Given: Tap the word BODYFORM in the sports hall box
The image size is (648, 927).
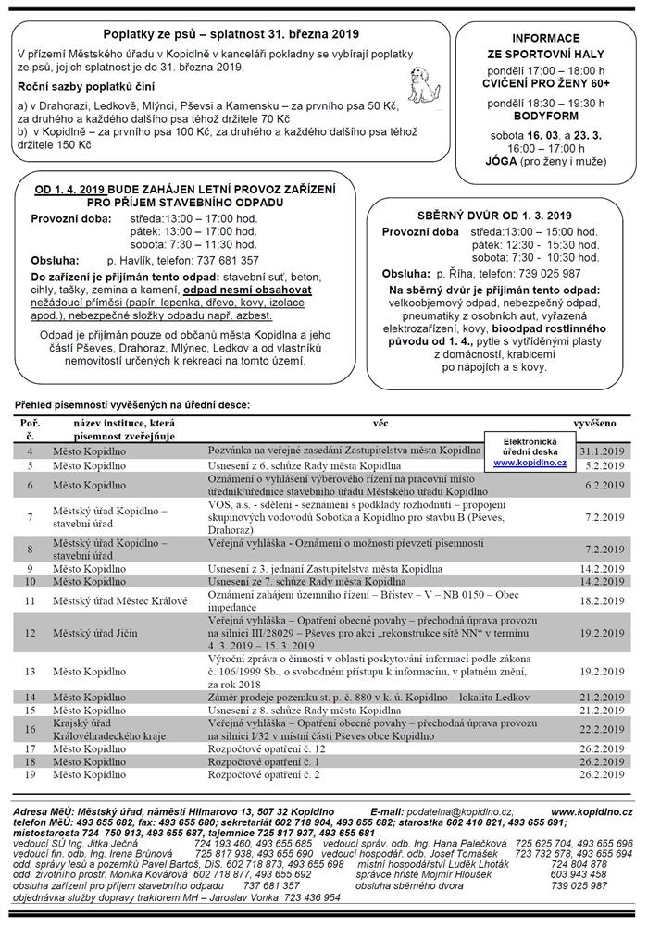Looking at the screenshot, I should [x=545, y=119].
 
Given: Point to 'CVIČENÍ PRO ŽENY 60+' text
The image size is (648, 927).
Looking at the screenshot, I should [x=545, y=82].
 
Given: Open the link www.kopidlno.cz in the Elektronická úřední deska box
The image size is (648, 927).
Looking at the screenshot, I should [x=530, y=461].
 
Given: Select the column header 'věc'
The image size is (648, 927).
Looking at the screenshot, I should [x=380, y=422].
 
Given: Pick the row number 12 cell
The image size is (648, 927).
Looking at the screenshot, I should [x=31, y=633].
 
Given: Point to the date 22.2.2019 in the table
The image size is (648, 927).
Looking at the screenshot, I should [x=604, y=728].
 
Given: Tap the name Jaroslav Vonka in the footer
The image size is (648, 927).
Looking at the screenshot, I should [x=235, y=896].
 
